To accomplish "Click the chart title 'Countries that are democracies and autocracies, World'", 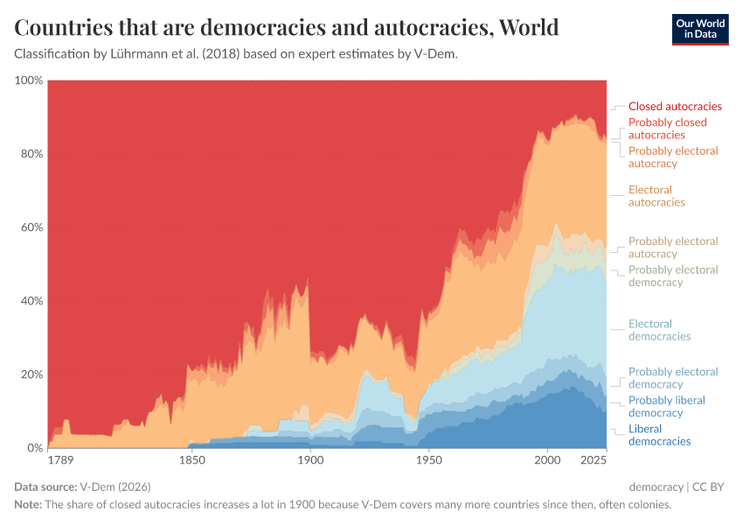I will click(287, 28).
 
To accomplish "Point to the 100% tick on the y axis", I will click(29, 80).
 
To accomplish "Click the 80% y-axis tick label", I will click(31, 154).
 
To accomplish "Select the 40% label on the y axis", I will click(31, 301).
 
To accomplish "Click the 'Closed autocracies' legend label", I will click(675, 107).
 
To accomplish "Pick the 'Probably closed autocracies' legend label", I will click(667, 129).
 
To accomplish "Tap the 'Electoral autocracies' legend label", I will click(656, 196).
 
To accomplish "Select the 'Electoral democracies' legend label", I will click(659, 330).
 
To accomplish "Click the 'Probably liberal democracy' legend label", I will click(666, 406).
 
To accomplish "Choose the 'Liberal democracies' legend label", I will click(659, 435).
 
